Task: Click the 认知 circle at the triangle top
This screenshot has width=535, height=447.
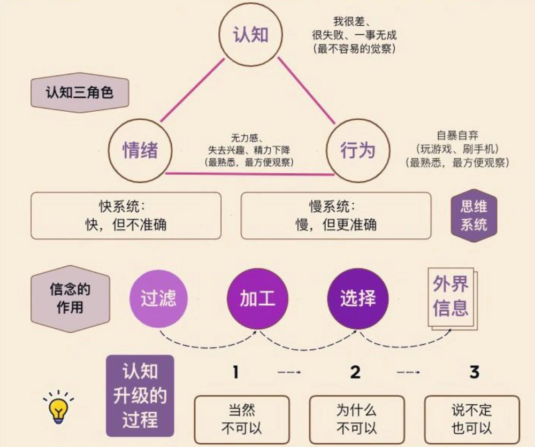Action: [250, 35]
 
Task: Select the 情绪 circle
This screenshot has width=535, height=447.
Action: [140, 150]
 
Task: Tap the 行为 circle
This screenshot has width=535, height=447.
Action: [358, 150]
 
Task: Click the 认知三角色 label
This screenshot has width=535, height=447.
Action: [80, 92]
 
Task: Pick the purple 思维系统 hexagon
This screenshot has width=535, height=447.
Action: [473, 215]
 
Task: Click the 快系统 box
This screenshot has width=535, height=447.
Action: [126, 215]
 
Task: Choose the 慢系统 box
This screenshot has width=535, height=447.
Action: [336, 215]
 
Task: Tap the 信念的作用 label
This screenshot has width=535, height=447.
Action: [70, 298]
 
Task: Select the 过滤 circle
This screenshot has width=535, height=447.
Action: [158, 298]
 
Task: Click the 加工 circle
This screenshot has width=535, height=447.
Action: [257, 298]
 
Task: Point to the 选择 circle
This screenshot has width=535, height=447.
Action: [357, 298]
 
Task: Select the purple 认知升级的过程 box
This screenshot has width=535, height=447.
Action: [140, 396]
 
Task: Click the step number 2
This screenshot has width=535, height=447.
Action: [355, 372]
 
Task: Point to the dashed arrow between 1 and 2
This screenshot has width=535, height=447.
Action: [289, 372]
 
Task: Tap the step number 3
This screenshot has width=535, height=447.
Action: [474, 372]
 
